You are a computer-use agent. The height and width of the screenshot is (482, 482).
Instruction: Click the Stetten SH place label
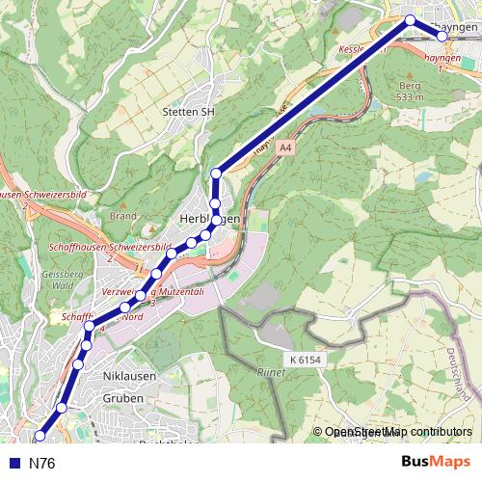click(189, 112)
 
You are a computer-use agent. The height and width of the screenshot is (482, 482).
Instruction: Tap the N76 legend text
click(42, 464)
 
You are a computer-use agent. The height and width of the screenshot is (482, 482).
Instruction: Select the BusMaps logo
click(430, 462)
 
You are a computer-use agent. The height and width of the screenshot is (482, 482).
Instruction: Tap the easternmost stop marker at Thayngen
click(442, 36)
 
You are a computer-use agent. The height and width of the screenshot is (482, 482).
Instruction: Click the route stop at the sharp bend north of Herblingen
click(216, 174)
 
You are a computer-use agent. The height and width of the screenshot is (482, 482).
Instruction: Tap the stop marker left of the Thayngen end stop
click(410, 20)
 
